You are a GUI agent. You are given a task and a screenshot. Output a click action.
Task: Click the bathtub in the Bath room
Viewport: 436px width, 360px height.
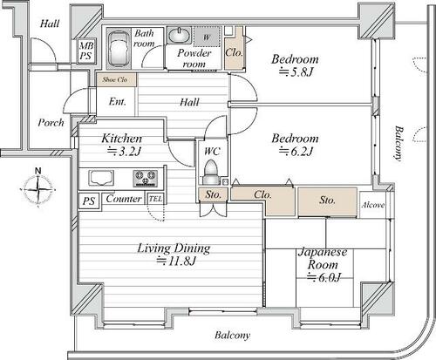point(119,49)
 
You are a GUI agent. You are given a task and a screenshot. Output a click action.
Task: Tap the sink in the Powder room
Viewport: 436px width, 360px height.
point(179,35)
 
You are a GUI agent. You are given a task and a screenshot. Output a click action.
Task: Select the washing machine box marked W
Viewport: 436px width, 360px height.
point(207,37)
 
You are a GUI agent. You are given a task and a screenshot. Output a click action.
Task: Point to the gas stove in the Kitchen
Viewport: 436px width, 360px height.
point(146,178)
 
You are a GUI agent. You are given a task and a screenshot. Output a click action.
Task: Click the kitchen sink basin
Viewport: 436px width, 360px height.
point(101,178)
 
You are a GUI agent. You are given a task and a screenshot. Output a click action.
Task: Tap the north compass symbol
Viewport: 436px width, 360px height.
point(38,187)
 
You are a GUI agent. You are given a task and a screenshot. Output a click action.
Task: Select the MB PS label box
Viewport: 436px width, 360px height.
point(86,51)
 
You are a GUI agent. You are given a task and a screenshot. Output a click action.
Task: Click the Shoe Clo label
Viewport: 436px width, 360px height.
point(115,79)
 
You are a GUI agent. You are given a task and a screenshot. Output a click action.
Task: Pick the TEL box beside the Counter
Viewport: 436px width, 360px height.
point(155,199)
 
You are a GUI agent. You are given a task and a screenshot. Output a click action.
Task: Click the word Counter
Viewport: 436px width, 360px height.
point(124,199)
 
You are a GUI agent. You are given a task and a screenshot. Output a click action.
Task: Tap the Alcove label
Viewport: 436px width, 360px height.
point(373,205)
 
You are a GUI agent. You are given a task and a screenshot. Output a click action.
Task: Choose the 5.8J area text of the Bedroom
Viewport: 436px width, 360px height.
point(296,71)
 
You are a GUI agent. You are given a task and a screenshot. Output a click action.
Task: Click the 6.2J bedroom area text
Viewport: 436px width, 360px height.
point(296,151)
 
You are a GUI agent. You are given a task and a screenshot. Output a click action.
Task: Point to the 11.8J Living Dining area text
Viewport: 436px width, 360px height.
point(176,261)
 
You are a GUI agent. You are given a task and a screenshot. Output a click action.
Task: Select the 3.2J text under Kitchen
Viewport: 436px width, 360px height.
point(124,151)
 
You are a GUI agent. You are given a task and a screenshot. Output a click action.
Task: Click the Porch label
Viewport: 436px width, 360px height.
point(51,123)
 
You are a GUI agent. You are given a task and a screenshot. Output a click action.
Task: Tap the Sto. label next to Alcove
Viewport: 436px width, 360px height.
point(327,200)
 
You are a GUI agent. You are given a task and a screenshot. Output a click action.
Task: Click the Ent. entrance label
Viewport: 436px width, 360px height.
point(118,101)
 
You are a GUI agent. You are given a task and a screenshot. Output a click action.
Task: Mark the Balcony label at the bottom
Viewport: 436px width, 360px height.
point(233,336)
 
